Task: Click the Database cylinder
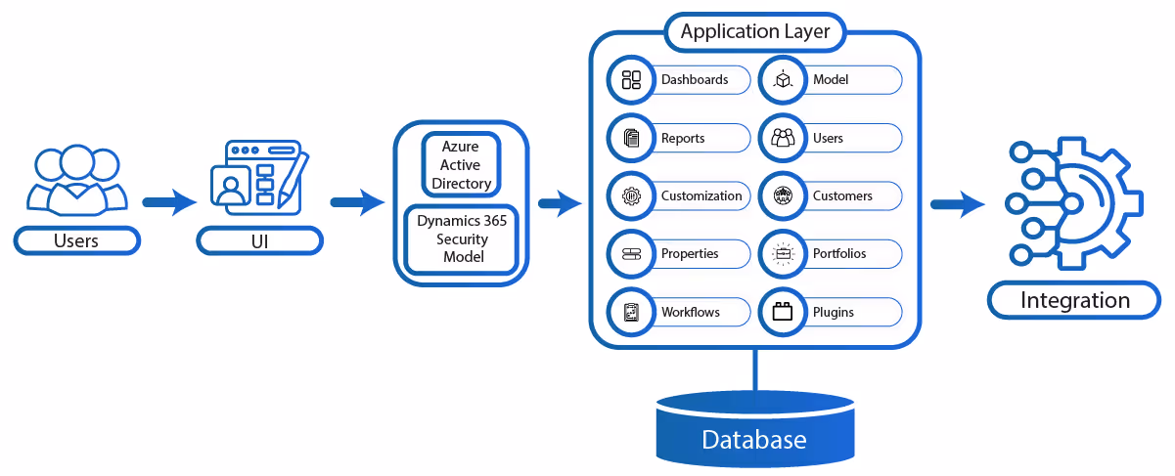click(x=755, y=429)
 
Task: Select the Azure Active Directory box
click(x=461, y=164)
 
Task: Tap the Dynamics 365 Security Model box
click(x=462, y=239)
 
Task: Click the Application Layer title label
click(x=755, y=32)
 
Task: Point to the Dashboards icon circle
click(x=631, y=80)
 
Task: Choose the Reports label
click(x=683, y=139)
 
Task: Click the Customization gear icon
click(x=631, y=196)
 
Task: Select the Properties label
click(x=690, y=254)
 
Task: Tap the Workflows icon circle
click(x=631, y=313)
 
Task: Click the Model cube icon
click(x=783, y=80)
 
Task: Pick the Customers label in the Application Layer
click(x=842, y=196)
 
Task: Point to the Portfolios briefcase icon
click(x=783, y=254)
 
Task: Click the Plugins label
click(x=833, y=313)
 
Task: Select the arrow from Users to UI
click(x=169, y=202)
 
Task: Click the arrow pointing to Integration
click(x=957, y=204)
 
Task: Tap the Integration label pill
click(x=1074, y=300)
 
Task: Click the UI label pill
click(x=259, y=241)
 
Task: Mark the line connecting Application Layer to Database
click(x=755, y=370)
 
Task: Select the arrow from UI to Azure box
click(x=357, y=202)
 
